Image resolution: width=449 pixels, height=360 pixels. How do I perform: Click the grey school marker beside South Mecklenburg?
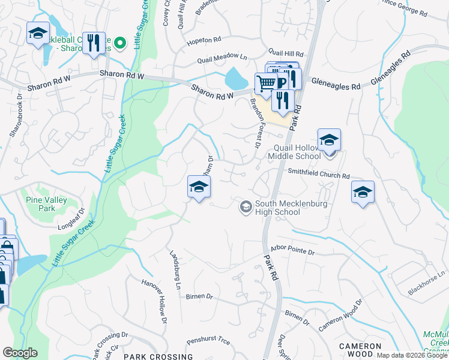[x=245, y=207]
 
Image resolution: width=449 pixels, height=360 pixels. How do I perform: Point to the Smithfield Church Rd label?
[x=319, y=176]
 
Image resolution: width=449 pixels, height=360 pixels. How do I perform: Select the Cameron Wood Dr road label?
[x=340, y=316]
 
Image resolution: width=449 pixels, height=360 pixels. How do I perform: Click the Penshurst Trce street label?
[x=208, y=341]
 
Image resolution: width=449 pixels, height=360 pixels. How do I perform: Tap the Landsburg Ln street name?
[x=175, y=269]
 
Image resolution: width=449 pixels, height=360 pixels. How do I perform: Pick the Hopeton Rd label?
[x=204, y=40]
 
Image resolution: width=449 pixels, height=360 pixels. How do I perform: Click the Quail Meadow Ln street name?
[x=223, y=59]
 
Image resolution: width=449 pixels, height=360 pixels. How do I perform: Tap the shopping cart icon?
[x=266, y=83]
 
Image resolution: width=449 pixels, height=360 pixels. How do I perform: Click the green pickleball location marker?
[x=119, y=43]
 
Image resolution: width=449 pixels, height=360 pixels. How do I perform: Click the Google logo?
[x=20, y=353]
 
